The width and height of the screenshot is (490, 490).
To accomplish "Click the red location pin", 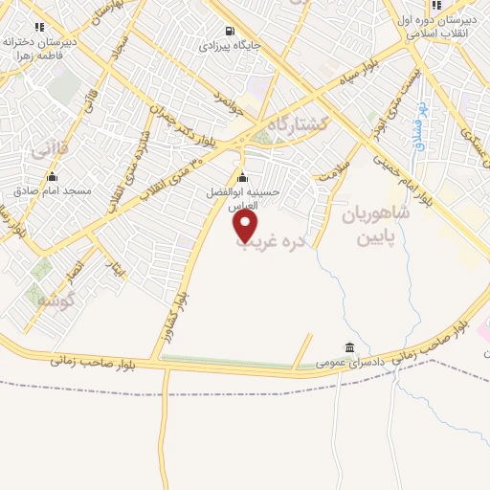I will (x=246, y=225).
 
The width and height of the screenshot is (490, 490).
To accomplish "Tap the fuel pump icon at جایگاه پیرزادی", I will (x=228, y=30).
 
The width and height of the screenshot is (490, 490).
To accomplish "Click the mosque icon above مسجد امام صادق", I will (x=52, y=176).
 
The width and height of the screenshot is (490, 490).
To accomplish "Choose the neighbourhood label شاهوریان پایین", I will (x=374, y=226).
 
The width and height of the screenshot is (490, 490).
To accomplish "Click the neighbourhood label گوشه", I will (x=54, y=300).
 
